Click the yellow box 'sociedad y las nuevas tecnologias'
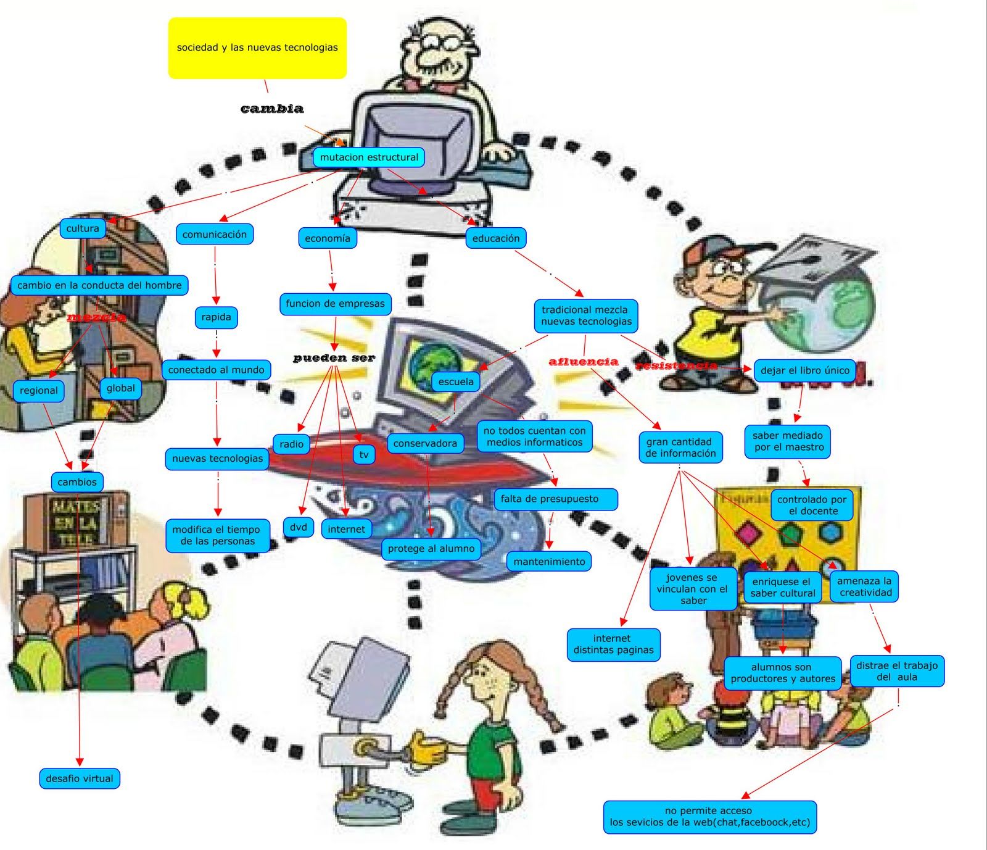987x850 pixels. (257, 48)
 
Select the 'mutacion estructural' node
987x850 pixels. (369, 157)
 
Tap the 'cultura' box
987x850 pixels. (83, 228)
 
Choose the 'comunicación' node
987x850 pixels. (214, 235)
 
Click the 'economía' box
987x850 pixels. (327, 238)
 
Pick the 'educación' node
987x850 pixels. (496, 238)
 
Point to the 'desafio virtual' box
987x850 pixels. (80, 778)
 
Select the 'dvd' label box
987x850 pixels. (299, 527)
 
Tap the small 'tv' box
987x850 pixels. (364, 455)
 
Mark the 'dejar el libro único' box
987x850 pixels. (804, 370)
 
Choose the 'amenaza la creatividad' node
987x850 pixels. (865, 586)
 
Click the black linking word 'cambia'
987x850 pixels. (272, 109)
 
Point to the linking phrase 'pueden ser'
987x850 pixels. (334, 358)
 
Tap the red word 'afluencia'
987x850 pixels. (583, 362)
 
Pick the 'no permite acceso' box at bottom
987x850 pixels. (709, 817)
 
